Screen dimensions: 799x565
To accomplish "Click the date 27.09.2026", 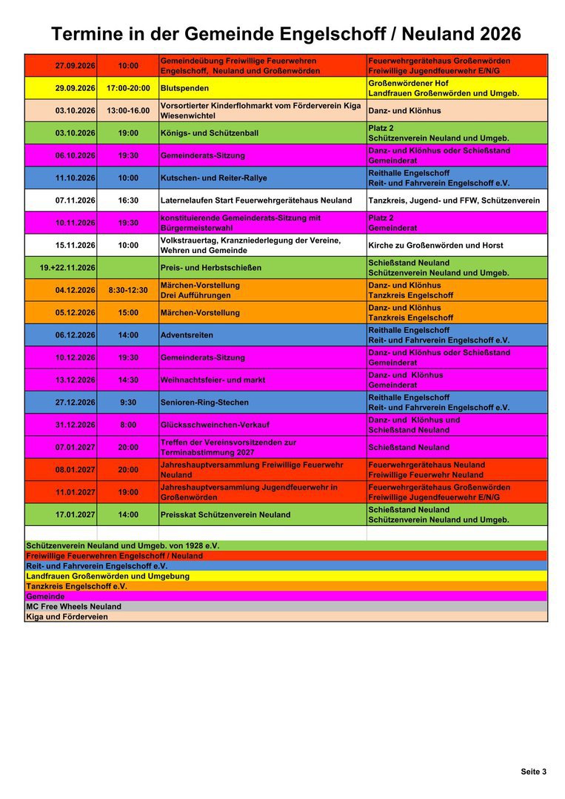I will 75,66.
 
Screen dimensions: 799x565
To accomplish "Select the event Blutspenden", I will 184,88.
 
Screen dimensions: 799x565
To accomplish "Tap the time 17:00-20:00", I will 128,88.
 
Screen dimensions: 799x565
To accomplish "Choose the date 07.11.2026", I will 75,200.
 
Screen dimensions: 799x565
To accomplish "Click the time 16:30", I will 128,200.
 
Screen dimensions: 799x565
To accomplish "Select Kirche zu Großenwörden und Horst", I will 435,246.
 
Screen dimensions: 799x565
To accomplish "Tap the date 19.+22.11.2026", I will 67,268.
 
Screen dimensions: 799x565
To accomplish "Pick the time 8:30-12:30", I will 128,290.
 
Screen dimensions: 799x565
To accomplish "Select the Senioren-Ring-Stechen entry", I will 204,402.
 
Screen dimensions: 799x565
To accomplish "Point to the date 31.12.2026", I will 75,425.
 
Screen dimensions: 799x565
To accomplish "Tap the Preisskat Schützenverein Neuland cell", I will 225,515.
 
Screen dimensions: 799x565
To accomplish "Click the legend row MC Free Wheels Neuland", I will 74,607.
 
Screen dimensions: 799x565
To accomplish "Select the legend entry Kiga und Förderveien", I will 67,617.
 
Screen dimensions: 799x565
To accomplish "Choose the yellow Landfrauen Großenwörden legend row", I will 107,576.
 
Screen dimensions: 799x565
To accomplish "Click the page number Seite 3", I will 533,772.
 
